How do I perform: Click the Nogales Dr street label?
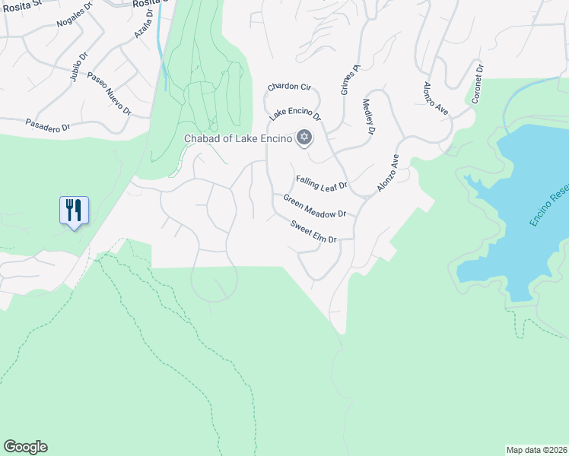point(75,14)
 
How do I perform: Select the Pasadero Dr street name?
point(47,125)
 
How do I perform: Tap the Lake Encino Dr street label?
point(295,114)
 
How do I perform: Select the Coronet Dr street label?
point(478,84)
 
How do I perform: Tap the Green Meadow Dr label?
point(314,206)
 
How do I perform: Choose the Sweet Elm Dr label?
point(313,231)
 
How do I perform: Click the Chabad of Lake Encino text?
point(238,138)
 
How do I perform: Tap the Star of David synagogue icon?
point(304,137)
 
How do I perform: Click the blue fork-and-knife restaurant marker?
point(74,210)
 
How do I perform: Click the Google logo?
point(25,447)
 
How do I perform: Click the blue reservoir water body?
point(525,228)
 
